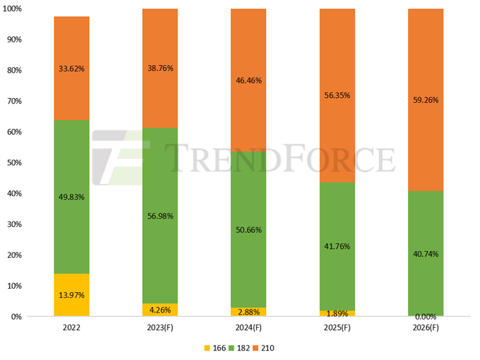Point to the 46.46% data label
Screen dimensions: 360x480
pos(248,80)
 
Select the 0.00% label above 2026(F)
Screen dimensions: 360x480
pos(426,317)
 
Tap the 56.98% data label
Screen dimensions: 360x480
pos(160,216)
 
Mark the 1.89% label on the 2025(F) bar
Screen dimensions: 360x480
pos(337,313)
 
